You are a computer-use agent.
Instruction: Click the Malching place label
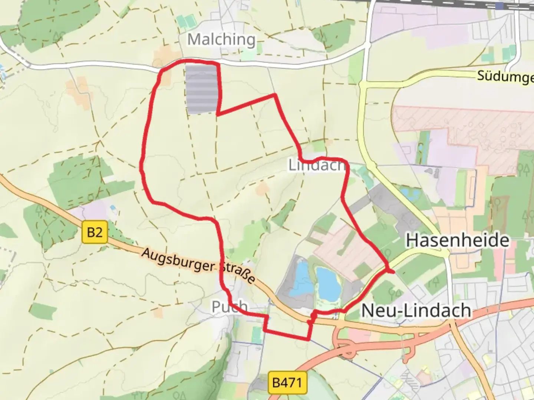221,39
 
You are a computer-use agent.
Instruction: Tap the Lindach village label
317,165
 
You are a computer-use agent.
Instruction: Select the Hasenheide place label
458,240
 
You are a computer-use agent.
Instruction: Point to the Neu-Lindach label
416,310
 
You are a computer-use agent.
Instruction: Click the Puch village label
230,307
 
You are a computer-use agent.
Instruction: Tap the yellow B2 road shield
95,232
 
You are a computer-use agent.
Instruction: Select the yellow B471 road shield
287,382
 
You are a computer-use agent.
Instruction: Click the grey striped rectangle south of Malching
201,89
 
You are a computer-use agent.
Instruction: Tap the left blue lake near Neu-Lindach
301,280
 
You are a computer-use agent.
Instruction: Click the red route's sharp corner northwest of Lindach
275,95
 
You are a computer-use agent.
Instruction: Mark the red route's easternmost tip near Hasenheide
393,272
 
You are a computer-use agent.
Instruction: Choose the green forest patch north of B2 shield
80,181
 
